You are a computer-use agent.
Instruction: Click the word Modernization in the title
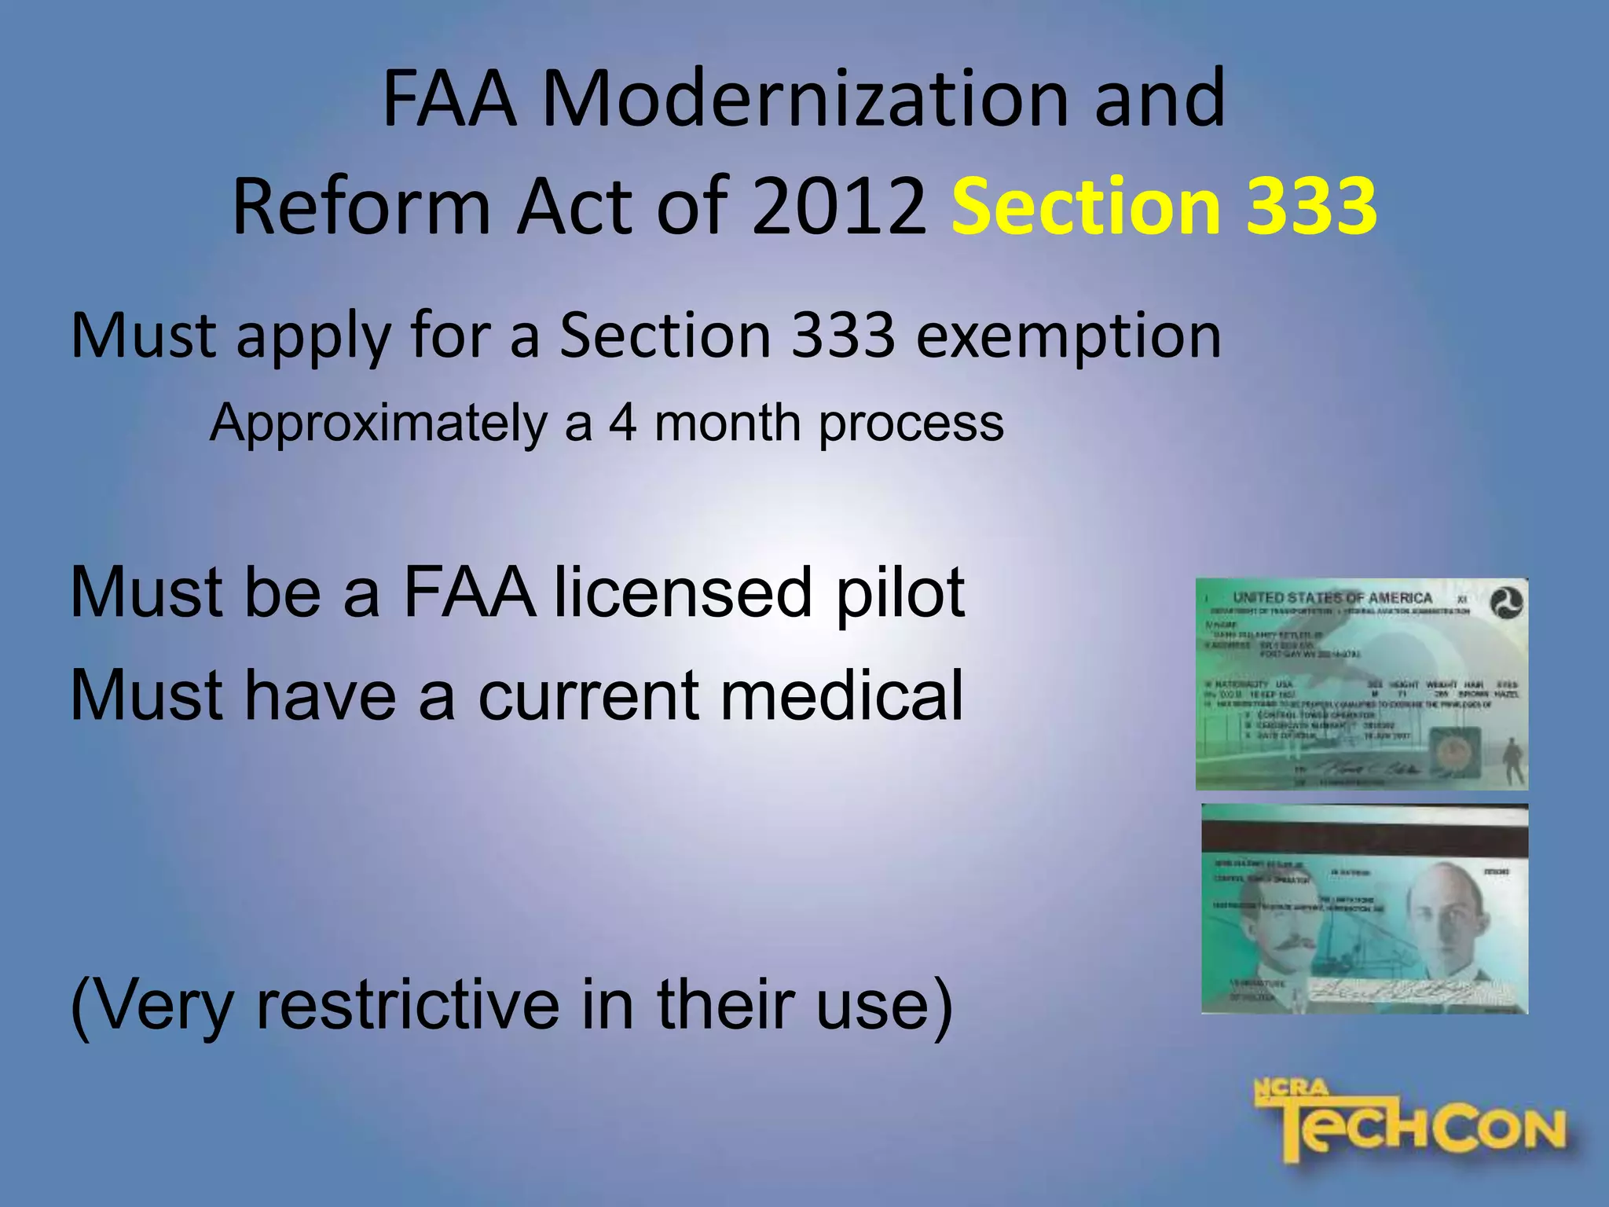click(805, 100)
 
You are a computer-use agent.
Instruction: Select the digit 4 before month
click(622, 423)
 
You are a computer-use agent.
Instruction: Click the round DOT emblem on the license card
click(1506, 603)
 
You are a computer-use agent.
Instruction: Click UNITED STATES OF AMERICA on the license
click(1332, 598)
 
